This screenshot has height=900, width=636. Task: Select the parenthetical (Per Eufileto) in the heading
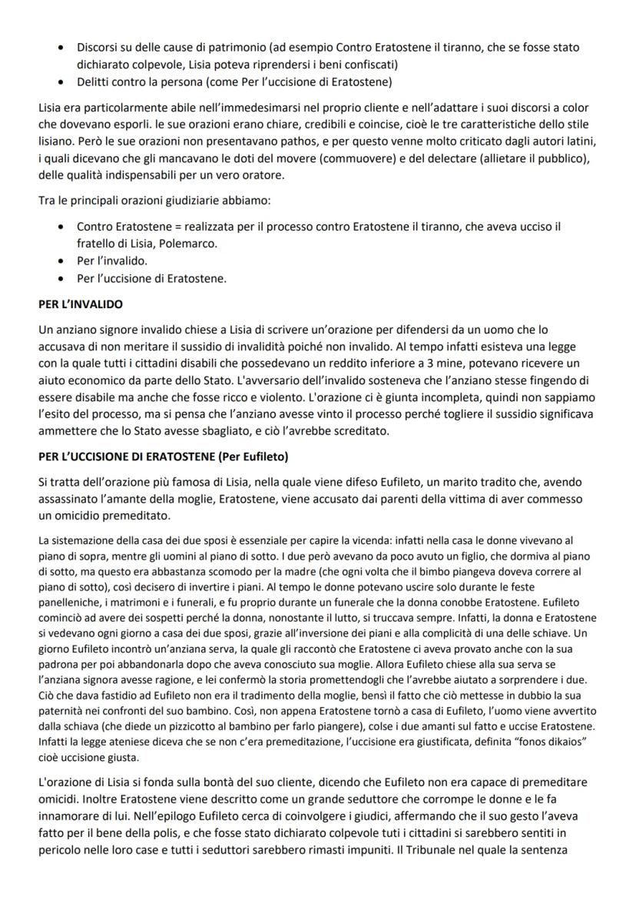[x=252, y=457]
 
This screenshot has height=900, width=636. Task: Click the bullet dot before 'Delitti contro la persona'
[x=61, y=83]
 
